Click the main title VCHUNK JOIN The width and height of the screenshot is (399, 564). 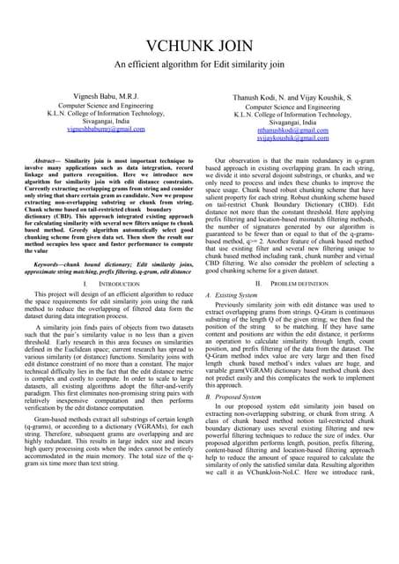(x=199, y=47)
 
